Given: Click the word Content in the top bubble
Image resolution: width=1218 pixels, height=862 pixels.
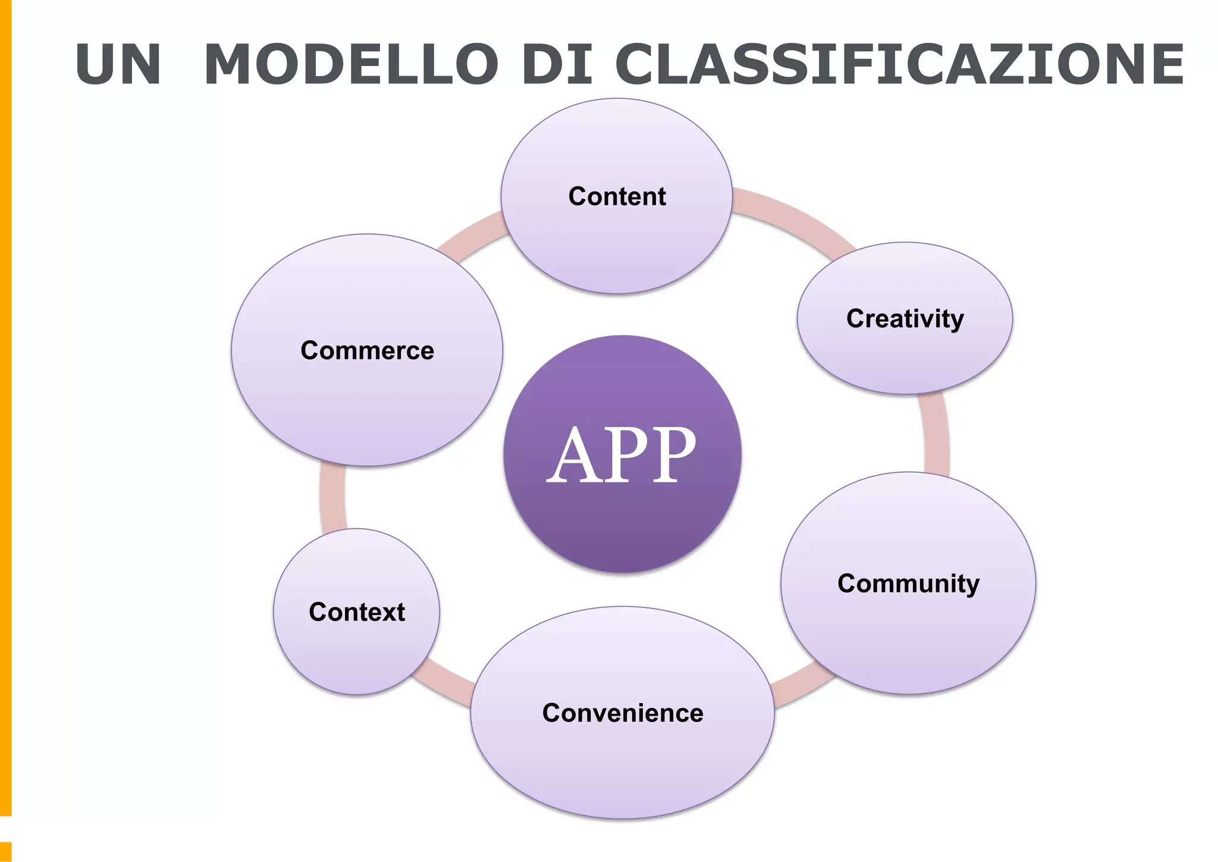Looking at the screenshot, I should pos(617,196).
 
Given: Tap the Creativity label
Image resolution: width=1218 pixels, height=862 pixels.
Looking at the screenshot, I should pos(905,319).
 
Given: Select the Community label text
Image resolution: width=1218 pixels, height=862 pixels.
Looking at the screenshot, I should pos(908,584).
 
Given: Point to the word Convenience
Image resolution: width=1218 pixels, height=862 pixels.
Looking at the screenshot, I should pos(623,713).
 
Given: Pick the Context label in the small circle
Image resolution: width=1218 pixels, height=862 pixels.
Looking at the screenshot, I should pos(357,612).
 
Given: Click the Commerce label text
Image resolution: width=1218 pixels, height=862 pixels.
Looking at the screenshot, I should pos(367,350).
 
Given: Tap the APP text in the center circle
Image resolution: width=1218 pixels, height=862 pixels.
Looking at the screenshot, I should pos(621,455).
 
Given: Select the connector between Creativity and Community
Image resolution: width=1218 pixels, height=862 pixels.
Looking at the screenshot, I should pos(936,434).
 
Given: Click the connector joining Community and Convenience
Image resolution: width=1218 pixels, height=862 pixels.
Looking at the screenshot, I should pos(800,684).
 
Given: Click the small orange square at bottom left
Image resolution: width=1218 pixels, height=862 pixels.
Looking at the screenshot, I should pos(5,851).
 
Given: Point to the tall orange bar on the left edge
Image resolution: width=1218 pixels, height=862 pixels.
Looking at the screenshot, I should pos(5,405).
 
